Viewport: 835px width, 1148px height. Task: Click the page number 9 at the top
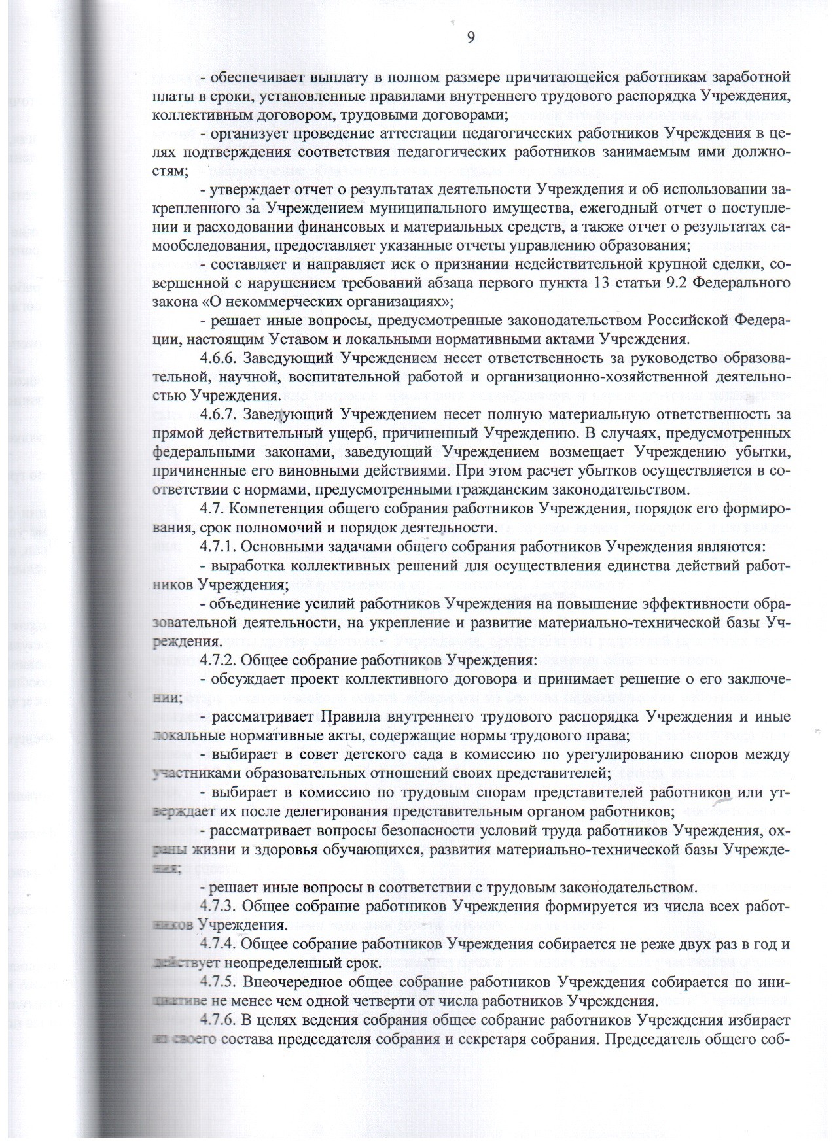pyautogui.click(x=471, y=37)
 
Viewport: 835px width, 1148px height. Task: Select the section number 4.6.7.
pyautogui.click(x=221, y=415)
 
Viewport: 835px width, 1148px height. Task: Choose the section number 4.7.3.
pyautogui.click(x=221, y=907)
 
